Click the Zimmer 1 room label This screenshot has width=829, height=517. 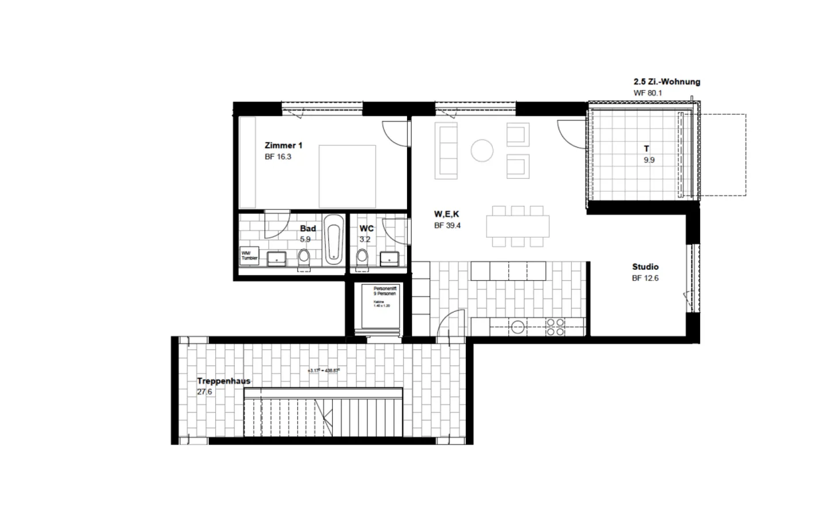(283, 146)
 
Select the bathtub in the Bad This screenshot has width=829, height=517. (334, 240)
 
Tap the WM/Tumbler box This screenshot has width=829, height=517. (249, 255)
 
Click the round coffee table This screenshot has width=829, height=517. (482, 151)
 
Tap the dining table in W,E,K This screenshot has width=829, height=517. (518, 226)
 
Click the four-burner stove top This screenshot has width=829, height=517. (556, 327)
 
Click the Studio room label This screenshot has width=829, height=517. (645, 267)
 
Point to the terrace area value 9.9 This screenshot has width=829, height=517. (649, 160)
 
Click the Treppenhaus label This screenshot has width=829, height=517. (223, 381)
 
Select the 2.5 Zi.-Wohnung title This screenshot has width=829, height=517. (667, 82)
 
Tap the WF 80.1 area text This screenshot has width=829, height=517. (648, 93)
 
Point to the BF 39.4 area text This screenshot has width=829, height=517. (447, 226)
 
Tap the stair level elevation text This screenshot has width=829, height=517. (325, 371)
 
